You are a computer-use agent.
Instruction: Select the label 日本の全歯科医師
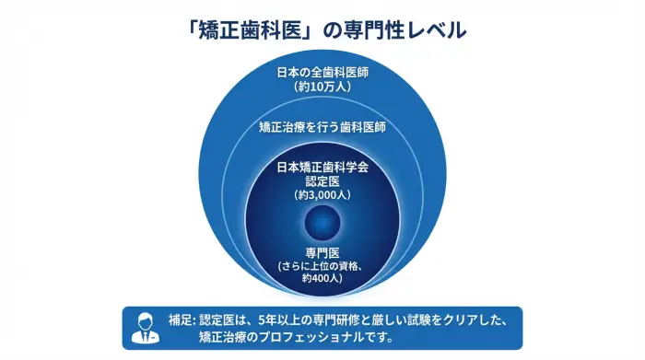[x=322, y=73]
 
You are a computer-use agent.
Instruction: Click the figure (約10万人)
[x=322, y=87]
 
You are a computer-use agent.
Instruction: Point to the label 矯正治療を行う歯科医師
[x=322, y=127]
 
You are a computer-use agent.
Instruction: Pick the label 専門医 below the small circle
[x=322, y=252]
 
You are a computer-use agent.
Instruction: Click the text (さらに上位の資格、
[x=322, y=265]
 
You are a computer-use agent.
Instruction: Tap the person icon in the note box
[x=145, y=328]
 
